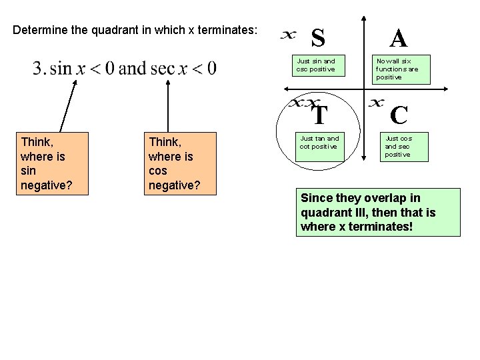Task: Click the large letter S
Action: [x=319, y=39]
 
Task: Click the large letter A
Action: [x=399, y=39]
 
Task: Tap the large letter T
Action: [x=320, y=115]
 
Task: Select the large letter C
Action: [x=399, y=115]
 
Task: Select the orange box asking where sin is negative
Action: [x=53, y=163]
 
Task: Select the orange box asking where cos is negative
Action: [x=180, y=163]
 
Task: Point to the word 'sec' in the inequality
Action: [x=163, y=69]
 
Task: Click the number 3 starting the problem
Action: [x=37, y=69]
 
